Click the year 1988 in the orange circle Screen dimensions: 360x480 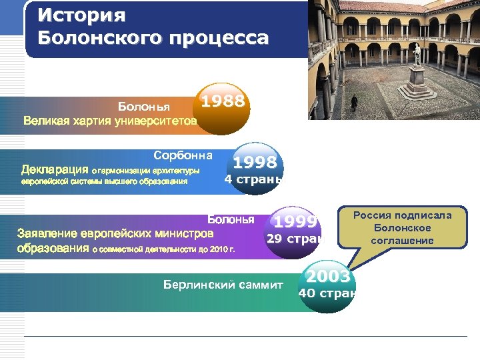pyautogui.click(x=223, y=101)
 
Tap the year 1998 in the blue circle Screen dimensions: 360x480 pyautogui.click(x=255, y=162)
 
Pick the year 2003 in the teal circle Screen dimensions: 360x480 pyautogui.click(x=327, y=275)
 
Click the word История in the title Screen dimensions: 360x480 pyautogui.click(x=73, y=15)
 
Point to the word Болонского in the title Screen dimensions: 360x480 pyautogui.click(x=96, y=37)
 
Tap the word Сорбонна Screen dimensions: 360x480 pyautogui.click(x=183, y=155)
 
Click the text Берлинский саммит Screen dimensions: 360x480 pyautogui.click(x=223, y=285)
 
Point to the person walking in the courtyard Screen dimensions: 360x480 pyautogui.click(x=354, y=102)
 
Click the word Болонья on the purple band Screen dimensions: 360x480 pyautogui.click(x=231, y=219)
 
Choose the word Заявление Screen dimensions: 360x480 pyautogui.click(x=57, y=234)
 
